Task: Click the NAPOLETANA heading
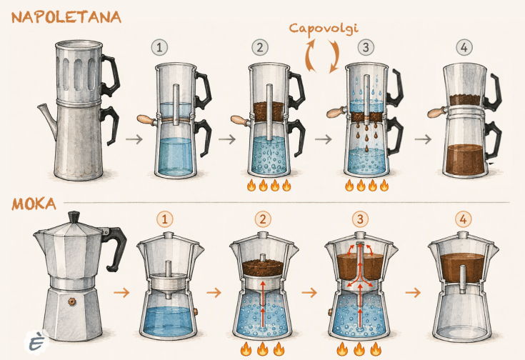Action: coord(66,17)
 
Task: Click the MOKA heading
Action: coord(34,204)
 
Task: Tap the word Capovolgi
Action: coord(324,29)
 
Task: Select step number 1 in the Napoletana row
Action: coord(159,48)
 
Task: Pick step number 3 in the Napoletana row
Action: coord(366,48)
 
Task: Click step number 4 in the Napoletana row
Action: coord(464,48)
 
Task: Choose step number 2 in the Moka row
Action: coord(263,220)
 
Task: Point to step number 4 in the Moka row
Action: coord(463,220)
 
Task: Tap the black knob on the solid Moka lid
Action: coord(74,216)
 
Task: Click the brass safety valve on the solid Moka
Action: coord(72,301)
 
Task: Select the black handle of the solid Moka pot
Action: coord(114,246)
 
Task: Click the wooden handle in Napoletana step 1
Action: coord(146,119)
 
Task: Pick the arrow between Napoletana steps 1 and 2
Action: coord(227,139)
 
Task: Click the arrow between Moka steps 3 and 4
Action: coord(413,292)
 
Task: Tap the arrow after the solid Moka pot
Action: coord(121,292)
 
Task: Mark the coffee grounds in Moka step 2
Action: coord(263,267)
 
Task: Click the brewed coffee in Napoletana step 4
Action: coord(465,159)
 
